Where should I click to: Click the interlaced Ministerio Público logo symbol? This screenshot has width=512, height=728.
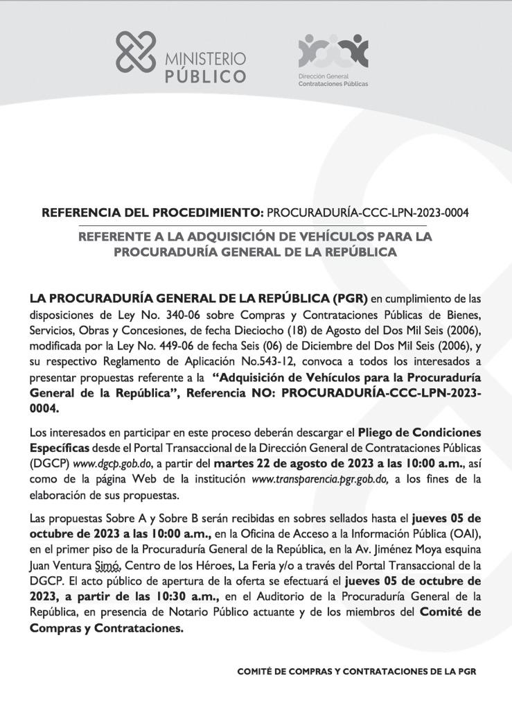(136, 52)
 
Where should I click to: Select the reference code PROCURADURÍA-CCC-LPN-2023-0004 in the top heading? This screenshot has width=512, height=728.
(367, 212)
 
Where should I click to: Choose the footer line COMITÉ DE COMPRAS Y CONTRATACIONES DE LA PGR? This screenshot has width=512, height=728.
(357, 672)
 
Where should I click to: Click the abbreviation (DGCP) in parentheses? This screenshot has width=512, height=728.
(51, 464)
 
